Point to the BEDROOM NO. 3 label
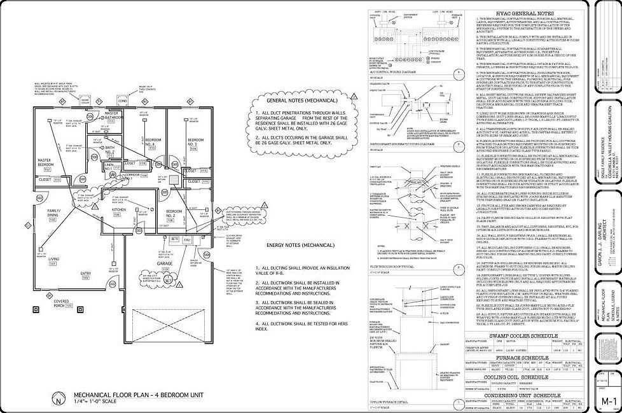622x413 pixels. pos(195,142)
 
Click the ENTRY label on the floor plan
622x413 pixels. pos(85,274)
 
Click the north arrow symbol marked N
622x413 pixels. pos(59,401)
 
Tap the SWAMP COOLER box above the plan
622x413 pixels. pos(85,100)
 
